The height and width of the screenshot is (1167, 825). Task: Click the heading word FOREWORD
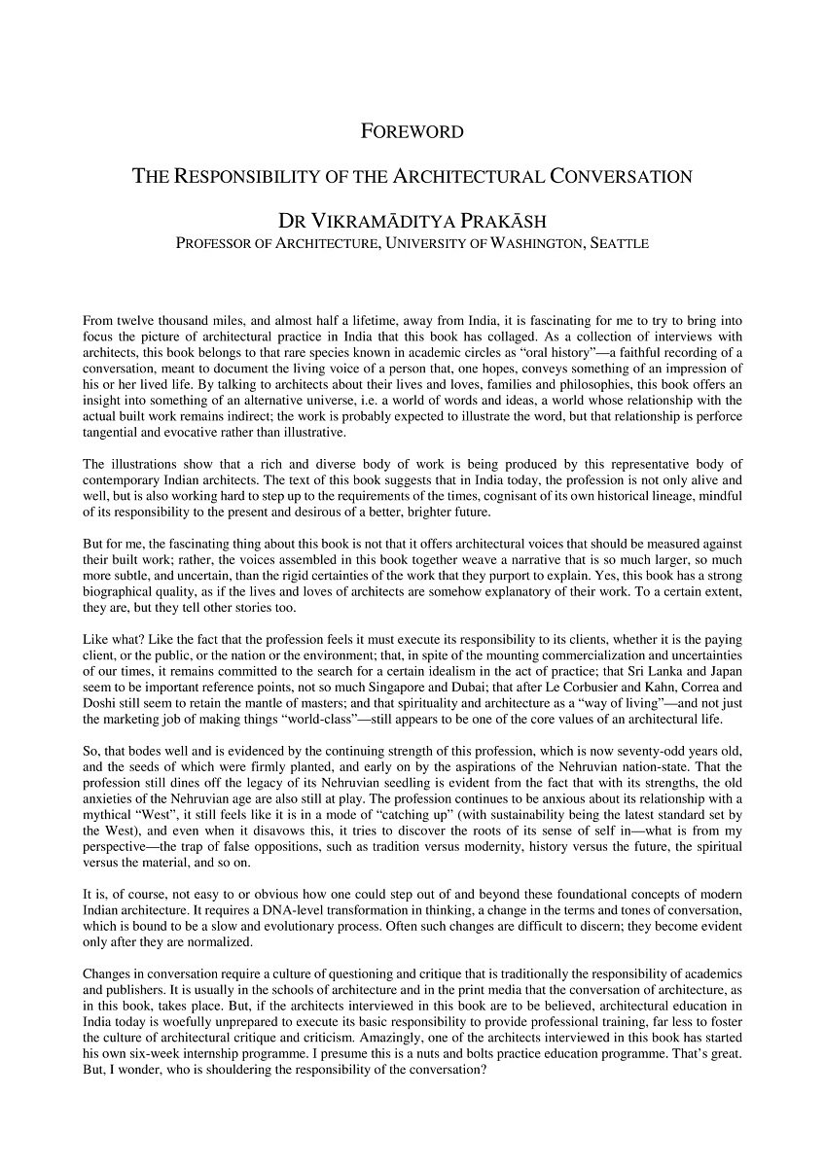point(412,131)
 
